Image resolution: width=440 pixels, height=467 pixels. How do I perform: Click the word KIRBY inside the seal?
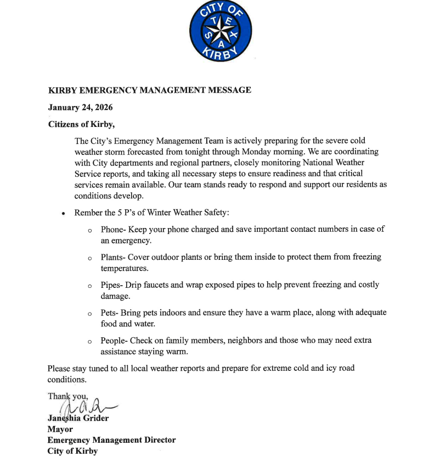pos(221,53)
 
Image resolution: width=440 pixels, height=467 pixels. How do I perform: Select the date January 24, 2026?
pos(80,107)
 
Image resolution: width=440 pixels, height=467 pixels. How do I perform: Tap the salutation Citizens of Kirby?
pos(81,124)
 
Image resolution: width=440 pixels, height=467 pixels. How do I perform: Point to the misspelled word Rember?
pos(88,213)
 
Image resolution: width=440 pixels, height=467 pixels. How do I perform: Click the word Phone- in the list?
pos(113,230)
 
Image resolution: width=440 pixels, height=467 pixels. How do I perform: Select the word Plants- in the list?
pos(113,257)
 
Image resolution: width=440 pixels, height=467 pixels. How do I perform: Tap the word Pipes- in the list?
pos(112,285)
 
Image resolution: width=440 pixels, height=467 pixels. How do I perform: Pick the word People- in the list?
pos(115,340)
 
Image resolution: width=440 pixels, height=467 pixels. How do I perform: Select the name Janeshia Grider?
pos(78,418)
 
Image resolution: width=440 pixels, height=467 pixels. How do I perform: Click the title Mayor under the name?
pos(60,429)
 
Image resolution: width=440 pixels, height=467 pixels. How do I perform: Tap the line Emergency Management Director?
pos(111,440)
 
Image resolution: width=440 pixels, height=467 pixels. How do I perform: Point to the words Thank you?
pos(68,396)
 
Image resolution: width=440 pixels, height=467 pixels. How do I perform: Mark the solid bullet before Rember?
pos(64,214)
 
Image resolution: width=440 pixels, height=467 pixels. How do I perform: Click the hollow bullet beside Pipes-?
pos(89,286)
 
